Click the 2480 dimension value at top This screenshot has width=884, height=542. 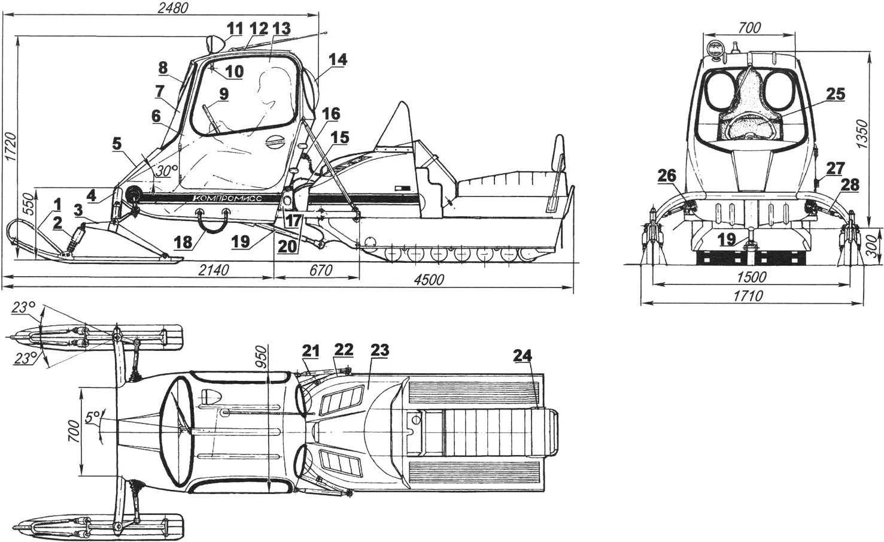[x=172, y=8]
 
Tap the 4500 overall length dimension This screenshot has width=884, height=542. [x=429, y=280]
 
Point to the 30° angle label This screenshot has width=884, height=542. [x=168, y=170]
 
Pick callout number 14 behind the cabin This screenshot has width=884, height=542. [x=338, y=60]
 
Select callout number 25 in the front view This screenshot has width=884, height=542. [x=836, y=94]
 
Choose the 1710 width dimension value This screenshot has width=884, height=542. [x=748, y=295]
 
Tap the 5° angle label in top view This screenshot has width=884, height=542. [x=93, y=417]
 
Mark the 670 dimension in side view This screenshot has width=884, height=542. [x=320, y=271]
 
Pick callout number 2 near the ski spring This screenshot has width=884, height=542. [x=57, y=223]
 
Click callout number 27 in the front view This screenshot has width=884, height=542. [x=836, y=168]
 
